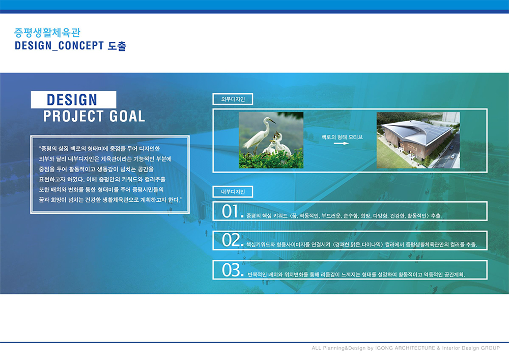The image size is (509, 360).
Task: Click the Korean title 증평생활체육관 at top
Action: (x=47, y=33)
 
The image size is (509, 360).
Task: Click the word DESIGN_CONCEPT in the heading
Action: (x=60, y=46)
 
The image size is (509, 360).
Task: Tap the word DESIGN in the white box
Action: (x=72, y=100)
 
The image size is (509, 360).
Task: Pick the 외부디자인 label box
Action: (x=233, y=99)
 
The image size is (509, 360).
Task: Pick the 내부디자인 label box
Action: (x=233, y=191)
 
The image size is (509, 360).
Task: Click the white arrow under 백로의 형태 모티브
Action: (x=341, y=143)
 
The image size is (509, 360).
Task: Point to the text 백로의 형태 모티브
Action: (x=342, y=137)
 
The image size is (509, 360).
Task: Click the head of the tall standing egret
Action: (x=268, y=120)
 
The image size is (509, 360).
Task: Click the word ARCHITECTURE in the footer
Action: (x=415, y=348)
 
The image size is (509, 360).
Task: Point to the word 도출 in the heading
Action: (x=117, y=46)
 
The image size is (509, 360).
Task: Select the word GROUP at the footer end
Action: (x=491, y=348)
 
